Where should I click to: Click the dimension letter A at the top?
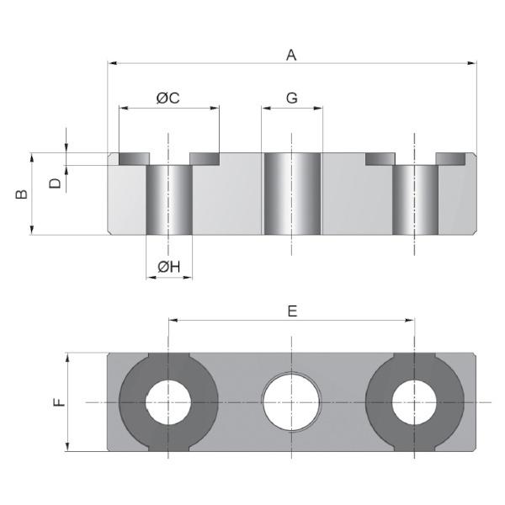click(x=292, y=56)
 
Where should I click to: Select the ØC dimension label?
click(x=168, y=98)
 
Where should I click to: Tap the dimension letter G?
click(x=292, y=98)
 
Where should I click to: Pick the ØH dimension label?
click(x=169, y=268)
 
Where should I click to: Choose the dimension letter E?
click(x=292, y=311)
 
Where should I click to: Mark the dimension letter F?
click(x=58, y=402)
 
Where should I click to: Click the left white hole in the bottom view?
click(x=168, y=402)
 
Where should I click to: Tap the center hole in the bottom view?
click(x=291, y=402)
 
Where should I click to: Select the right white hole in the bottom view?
click(x=415, y=402)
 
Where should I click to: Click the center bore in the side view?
click(x=291, y=194)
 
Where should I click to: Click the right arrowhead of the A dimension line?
click(x=473, y=62)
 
